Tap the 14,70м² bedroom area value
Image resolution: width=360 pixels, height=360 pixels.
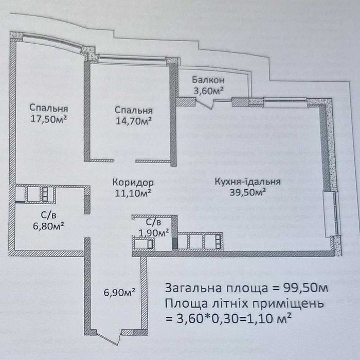(x=133, y=121)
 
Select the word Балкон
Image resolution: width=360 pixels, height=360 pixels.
(x=208, y=80)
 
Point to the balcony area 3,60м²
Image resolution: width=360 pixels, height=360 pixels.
(x=208, y=91)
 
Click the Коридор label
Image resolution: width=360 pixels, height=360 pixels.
(x=133, y=183)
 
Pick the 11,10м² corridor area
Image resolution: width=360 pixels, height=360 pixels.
(x=133, y=193)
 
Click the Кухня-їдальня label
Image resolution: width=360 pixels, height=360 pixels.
(x=248, y=182)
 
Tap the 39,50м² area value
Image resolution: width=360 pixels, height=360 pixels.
(x=248, y=192)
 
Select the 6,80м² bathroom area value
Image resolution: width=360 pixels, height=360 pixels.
(x=48, y=226)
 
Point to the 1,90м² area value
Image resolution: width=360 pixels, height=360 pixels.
(x=154, y=233)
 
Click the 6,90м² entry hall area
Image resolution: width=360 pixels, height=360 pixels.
(x=119, y=293)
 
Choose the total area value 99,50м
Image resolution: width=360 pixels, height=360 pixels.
(x=305, y=288)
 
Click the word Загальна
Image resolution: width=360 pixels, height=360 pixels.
(x=194, y=288)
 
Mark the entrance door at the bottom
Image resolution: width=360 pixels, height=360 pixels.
(x=108, y=337)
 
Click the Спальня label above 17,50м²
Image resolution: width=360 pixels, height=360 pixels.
(x=48, y=108)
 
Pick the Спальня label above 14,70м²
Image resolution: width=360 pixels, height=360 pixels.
(x=134, y=111)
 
